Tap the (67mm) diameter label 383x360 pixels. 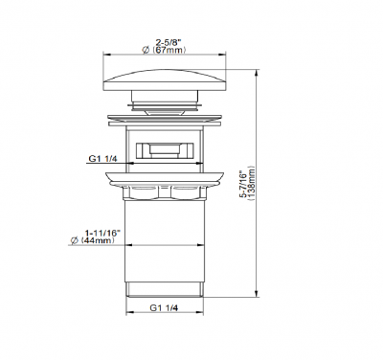(169, 50)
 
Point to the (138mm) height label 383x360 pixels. (251, 183)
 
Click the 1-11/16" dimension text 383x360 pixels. (102, 233)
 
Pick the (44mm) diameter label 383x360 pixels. (98, 240)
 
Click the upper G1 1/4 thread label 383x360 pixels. (102, 159)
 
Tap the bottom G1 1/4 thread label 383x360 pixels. (164, 308)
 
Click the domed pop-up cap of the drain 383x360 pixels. (165, 79)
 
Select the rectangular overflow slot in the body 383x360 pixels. (165, 150)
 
